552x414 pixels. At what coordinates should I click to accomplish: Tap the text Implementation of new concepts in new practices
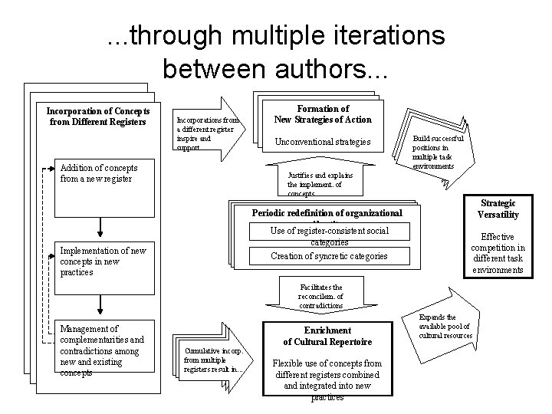98,261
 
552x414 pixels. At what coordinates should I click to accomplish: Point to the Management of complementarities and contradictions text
102,350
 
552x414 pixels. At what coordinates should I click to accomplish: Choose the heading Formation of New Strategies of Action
322,114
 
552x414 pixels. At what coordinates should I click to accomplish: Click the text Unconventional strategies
322,142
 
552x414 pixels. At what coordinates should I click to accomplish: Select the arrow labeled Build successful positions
439,152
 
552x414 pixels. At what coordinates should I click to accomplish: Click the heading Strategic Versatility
498,209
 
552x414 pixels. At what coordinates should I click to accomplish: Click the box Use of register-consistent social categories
329,235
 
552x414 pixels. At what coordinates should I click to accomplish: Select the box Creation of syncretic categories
329,256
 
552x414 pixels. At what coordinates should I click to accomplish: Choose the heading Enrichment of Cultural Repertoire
327,335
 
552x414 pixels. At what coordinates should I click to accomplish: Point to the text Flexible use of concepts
327,379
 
